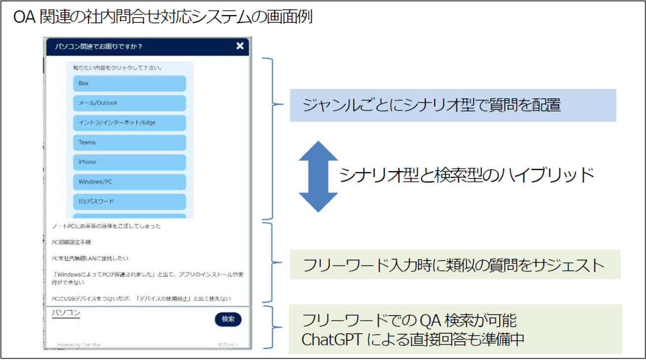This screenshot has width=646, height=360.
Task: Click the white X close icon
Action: (240, 46)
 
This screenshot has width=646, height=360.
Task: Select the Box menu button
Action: (129, 84)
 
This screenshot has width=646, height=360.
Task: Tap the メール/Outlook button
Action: (129, 103)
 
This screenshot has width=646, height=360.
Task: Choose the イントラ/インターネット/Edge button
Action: (129, 123)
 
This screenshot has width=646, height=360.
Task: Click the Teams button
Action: (129, 142)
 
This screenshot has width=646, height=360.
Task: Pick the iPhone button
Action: (129, 162)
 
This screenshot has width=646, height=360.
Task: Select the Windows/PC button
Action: (129, 182)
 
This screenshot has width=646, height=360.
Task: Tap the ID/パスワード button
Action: (129, 202)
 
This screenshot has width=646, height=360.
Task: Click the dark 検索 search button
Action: (228, 319)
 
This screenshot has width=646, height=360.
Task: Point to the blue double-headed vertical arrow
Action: (318, 177)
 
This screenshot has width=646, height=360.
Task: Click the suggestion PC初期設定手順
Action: (71, 242)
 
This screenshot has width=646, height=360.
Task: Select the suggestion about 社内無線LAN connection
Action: (90, 258)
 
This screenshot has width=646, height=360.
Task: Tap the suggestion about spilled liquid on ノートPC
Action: (106, 226)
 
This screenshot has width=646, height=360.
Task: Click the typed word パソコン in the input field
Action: (66, 313)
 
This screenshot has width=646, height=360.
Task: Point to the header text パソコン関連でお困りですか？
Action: (98, 47)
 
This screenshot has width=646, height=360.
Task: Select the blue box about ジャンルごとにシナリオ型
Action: (453, 105)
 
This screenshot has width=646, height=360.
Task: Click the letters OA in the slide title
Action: (24, 17)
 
